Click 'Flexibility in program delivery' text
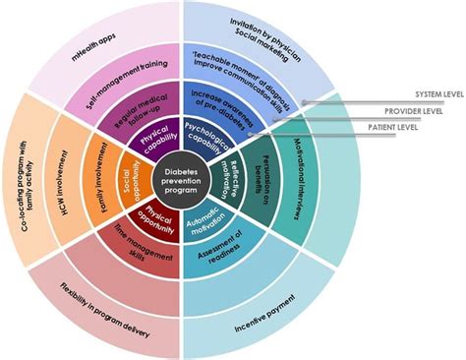(x=98, y=306)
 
